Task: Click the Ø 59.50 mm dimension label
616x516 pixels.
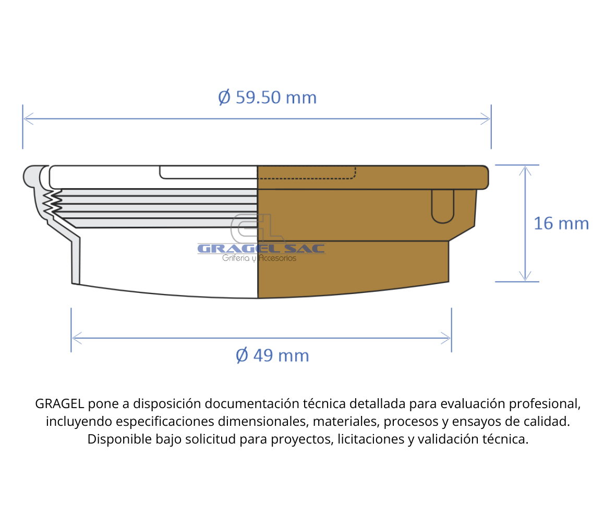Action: [x=267, y=97]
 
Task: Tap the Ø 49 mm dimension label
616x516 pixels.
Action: [x=272, y=355]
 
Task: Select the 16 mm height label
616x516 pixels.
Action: [x=561, y=224]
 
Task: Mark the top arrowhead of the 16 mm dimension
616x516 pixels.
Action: [x=525, y=169]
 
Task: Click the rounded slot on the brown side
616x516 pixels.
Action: [x=443, y=206]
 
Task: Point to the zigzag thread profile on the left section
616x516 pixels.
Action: [x=50, y=203]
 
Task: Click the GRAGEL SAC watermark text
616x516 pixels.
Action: [x=261, y=249]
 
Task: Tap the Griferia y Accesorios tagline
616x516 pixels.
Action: [x=259, y=258]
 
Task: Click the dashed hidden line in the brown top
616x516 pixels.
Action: [x=308, y=178]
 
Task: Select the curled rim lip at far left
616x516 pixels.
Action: [x=30, y=176]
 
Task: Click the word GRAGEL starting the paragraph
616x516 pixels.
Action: [x=59, y=404]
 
